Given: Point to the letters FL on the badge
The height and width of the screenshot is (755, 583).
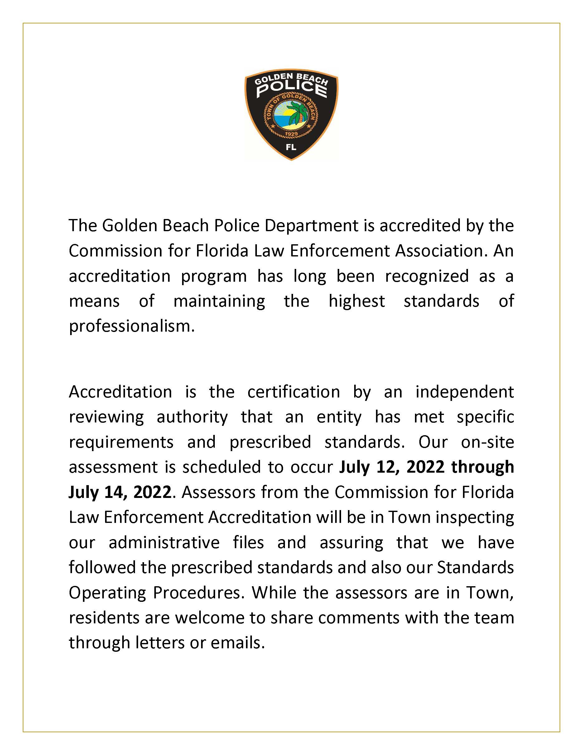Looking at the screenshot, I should tap(291, 147).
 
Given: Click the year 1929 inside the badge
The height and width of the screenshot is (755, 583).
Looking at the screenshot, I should tap(291, 134).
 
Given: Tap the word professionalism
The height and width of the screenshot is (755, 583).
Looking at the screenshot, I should tap(132, 326).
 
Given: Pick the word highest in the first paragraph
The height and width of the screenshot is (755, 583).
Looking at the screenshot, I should tap(356, 301).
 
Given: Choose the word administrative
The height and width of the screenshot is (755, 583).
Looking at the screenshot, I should tap(164, 543).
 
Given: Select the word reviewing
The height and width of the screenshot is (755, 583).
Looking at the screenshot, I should tap(106, 417).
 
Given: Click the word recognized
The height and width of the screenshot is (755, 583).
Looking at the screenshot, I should tap(426, 276).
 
